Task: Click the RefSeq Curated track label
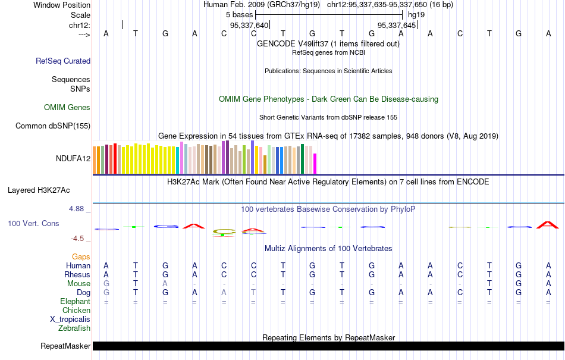coord(63,61)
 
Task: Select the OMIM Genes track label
coord(67,108)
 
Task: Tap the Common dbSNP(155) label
coord(53,126)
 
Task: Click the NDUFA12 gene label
coord(73,158)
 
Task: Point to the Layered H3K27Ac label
coord(39,190)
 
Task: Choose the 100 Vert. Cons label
coord(33,223)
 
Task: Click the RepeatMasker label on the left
coord(65,346)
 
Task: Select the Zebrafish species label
coord(74,328)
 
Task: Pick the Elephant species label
coord(75,302)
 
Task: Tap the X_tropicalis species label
coord(70,319)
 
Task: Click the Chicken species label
coord(76,310)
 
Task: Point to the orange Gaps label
coord(81,256)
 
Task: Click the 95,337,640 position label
coord(249,25)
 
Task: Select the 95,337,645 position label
coord(397,25)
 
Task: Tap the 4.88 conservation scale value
coord(77,209)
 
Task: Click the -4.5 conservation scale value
coord(79,239)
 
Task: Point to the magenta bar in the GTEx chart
coord(315,163)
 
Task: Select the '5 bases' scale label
coord(239,14)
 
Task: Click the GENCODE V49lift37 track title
coord(328,43)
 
